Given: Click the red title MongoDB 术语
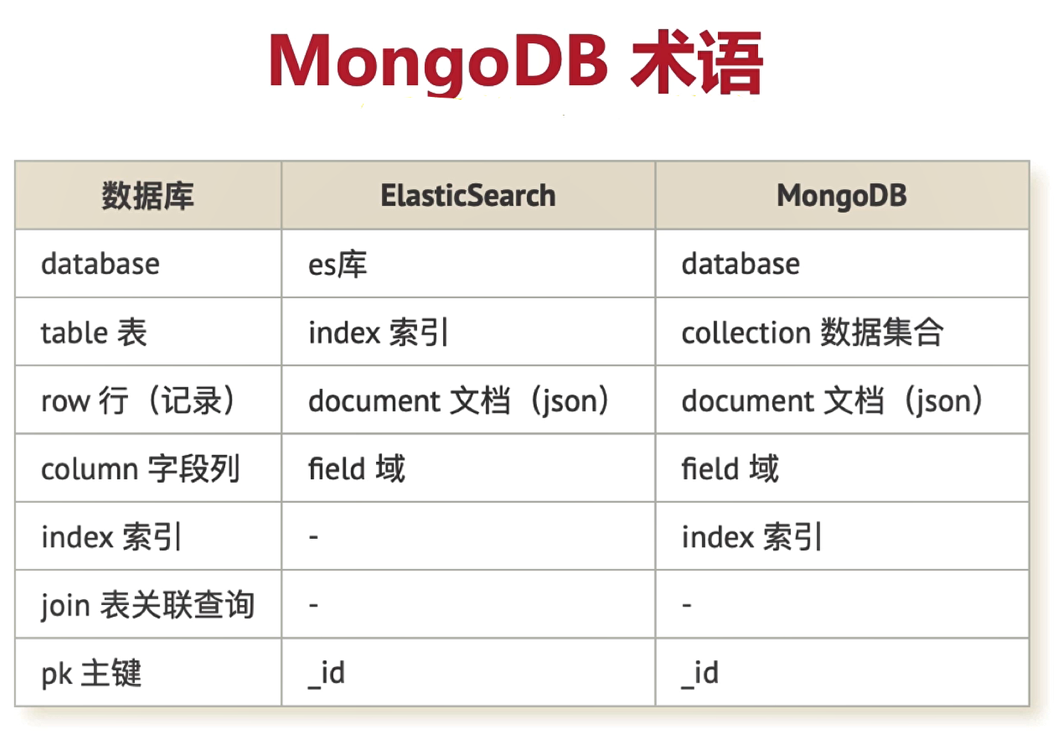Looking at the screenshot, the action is coord(516,62).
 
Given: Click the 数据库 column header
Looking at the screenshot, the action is coord(147,195).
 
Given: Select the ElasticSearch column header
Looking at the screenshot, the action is coord(468,195).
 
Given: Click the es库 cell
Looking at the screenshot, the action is coord(337,264).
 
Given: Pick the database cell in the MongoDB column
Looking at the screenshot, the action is coord(740,264).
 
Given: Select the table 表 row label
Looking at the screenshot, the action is coord(94,332).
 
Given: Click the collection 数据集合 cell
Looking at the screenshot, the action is coord(812,332).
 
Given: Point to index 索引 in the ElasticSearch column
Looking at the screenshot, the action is coord(378,332).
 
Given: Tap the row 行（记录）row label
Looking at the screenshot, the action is coord(138,400).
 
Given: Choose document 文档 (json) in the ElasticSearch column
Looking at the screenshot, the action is coord(459,401).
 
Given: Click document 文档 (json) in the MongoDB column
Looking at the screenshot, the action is coord(832,401).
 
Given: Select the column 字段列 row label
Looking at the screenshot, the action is coord(141,469).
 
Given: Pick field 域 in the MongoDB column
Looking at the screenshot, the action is coord(730,469).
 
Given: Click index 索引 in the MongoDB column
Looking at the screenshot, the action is coord(751,537).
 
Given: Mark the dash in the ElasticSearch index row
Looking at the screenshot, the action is coord(314,537).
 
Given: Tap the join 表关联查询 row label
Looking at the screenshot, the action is coord(148,605).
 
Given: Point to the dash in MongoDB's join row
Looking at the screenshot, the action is coord(687,604).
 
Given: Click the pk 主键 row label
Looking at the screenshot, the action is coord(92,673).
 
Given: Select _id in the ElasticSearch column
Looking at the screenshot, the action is coord(326,674).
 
